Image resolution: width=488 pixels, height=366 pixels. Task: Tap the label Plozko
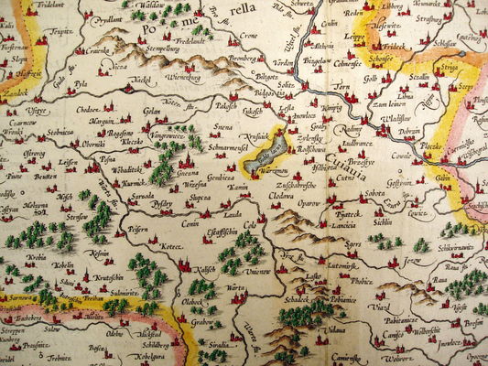406,145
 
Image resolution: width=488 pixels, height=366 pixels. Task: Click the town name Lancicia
345,224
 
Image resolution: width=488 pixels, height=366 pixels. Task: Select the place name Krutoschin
107,275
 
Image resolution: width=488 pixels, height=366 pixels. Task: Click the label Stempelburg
161,48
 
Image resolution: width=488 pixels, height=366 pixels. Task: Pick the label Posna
106,157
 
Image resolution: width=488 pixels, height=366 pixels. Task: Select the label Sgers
354,244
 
